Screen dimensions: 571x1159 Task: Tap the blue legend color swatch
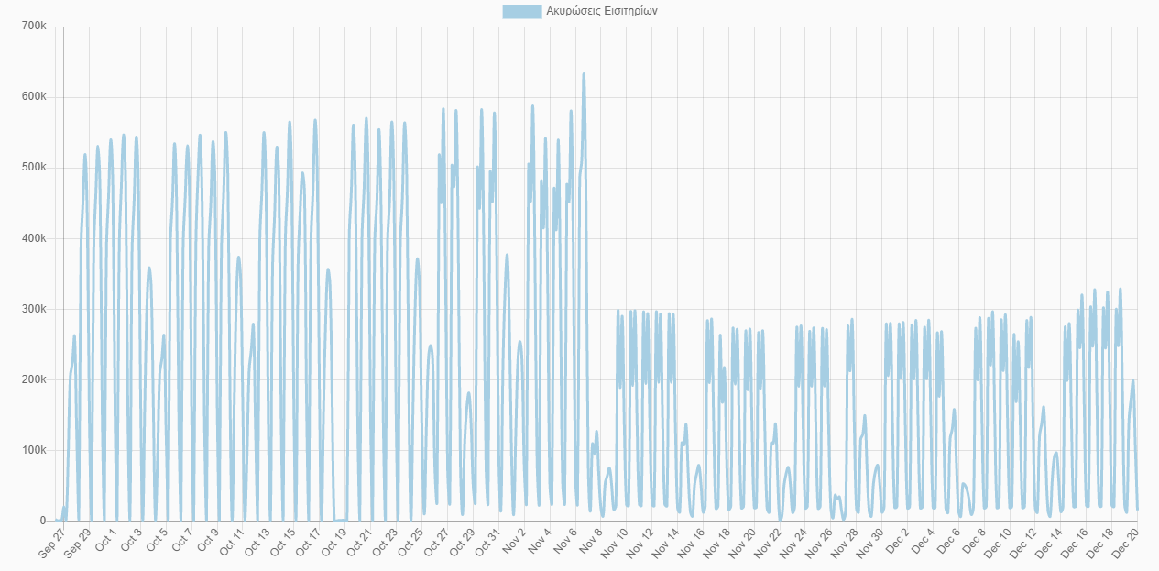[x=521, y=12]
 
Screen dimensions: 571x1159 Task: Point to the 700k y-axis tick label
[x=34, y=27]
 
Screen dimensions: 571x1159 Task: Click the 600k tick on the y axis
[x=34, y=97]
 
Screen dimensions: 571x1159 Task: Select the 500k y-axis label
[x=34, y=168]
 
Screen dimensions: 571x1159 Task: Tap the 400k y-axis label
[x=34, y=238]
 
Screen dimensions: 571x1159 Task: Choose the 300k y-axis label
[x=34, y=309]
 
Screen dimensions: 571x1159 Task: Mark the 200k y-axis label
[x=34, y=379]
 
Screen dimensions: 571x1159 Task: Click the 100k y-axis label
[x=34, y=450]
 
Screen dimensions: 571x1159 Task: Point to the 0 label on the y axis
[x=42, y=521]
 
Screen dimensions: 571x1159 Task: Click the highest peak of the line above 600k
[x=584, y=74]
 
